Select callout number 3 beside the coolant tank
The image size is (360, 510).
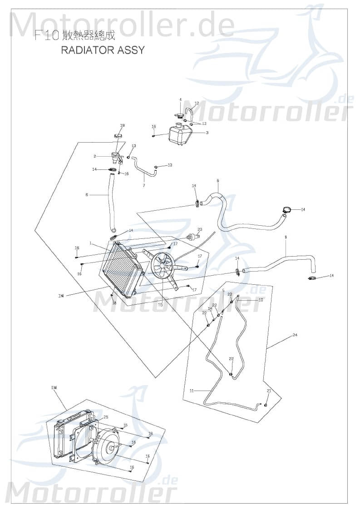click(207, 133)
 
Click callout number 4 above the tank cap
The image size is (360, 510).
click(180, 100)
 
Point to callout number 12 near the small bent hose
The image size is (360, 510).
click(197, 104)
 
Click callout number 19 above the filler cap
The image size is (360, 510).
click(122, 125)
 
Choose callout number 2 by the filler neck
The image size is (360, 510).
click(95, 156)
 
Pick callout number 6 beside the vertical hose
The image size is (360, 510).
click(87, 195)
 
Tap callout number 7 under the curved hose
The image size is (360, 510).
click(144, 185)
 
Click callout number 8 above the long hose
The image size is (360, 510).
click(217, 181)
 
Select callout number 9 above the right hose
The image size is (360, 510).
click(286, 238)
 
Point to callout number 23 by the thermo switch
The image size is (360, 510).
click(200, 229)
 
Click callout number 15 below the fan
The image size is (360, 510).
click(160, 305)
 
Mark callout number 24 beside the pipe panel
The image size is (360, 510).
click(295, 335)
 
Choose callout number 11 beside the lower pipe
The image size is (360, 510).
click(192, 391)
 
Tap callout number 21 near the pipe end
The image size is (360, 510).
click(269, 391)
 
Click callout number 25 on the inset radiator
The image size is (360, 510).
click(106, 417)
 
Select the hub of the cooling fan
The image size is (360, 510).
click(162, 267)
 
